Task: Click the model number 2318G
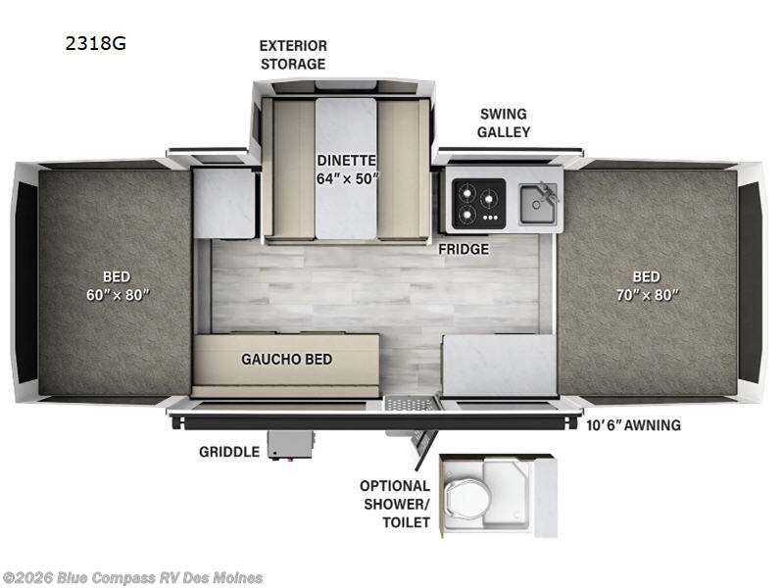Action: click(95, 43)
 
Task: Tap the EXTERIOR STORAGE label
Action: click(293, 55)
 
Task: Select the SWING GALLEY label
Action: click(504, 122)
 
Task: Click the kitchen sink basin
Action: click(537, 204)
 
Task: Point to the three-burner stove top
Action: click(478, 204)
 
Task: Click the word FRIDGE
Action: click(464, 249)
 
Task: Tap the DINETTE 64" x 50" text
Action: click(347, 169)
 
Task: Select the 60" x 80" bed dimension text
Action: click(118, 295)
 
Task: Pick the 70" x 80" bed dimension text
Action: click(648, 295)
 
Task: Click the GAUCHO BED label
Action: click(286, 359)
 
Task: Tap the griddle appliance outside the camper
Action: click(290, 445)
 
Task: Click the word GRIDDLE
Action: click(229, 452)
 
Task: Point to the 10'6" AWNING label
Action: click(633, 425)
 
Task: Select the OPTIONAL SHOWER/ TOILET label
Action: click(395, 504)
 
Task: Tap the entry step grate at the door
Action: click(410, 403)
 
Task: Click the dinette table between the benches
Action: click(346, 169)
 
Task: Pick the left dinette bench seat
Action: click(294, 168)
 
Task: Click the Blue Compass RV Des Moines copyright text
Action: click(131, 578)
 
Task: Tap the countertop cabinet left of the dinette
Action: click(224, 203)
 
